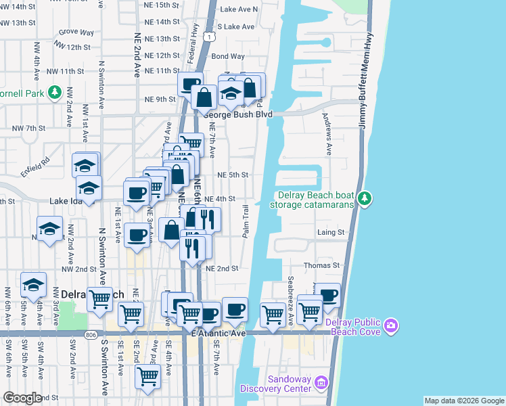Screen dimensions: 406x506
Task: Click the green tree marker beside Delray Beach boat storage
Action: (x=365, y=198)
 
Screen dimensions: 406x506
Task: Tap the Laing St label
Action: (x=331, y=232)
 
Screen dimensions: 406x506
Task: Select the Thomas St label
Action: (x=321, y=266)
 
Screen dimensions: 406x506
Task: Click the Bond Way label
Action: (x=228, y=57)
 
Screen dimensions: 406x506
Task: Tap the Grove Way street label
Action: (x=76, y=32)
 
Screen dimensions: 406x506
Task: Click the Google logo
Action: (x=23, y=398)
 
